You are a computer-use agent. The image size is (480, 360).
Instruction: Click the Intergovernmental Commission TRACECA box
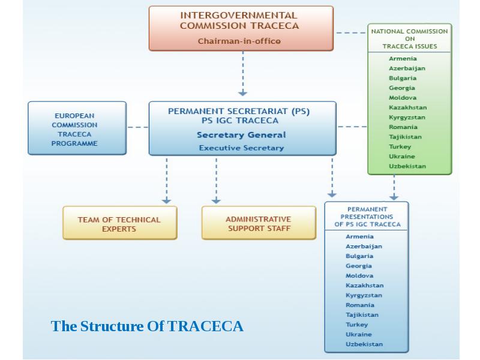241,28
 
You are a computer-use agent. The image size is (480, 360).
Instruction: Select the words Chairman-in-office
239,41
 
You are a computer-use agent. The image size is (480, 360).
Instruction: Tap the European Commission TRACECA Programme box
77,129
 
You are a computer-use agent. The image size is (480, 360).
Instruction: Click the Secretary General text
241,135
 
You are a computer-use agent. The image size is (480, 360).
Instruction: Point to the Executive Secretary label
241,148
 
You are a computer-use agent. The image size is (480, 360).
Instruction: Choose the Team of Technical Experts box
119,224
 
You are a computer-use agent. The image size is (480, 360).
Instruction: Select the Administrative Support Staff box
258,224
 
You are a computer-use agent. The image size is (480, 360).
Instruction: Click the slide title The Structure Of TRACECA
147,326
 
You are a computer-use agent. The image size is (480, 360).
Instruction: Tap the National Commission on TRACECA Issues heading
409,39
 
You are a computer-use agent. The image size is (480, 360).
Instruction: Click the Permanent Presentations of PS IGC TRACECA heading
367,217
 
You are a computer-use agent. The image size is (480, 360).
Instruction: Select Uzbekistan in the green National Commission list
407,166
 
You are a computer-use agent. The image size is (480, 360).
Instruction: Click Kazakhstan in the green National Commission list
407,107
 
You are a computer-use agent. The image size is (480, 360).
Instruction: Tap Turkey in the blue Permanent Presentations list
356,325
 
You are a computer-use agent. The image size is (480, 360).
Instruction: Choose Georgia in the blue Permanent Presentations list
359,266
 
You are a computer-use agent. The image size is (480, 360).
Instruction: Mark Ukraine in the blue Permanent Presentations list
359,334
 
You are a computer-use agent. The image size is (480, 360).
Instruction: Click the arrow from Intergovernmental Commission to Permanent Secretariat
242,74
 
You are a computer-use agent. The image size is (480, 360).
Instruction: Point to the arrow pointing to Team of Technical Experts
166,180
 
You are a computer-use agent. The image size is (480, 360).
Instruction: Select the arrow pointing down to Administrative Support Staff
216,180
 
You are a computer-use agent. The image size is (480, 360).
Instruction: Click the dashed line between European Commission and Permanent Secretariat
138,127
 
